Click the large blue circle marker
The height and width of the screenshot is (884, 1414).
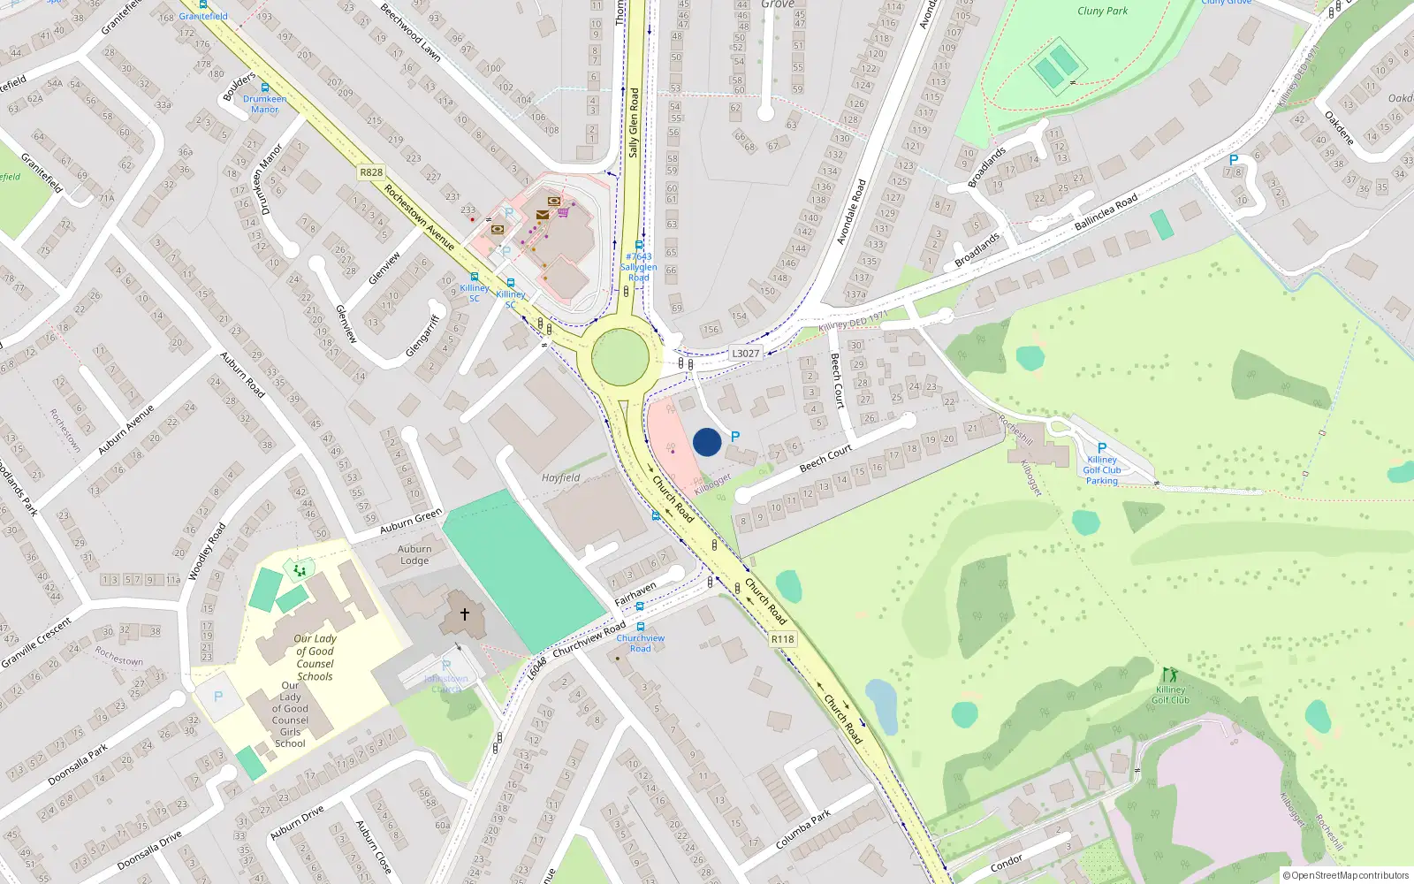click(707, 442)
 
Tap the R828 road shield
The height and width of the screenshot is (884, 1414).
click(371, 172)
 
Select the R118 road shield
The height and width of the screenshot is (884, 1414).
click(782, 639)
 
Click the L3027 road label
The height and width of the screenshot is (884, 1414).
click(745, 353)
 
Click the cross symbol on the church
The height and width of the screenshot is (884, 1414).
click(465, 613)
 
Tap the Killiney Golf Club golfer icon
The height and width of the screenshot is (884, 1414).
click(1171, 675)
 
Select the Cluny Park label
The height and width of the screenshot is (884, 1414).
click(1102, 11)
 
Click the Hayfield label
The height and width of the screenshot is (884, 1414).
click(560, 477)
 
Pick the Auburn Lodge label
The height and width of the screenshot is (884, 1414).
click(414, 554)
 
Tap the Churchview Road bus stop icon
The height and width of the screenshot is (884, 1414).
click(641, 627)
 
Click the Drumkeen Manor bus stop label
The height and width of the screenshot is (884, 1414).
click(264, 104)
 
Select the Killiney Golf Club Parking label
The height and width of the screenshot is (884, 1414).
click(1102, 470)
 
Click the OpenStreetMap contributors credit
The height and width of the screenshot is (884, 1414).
click(1345, 875)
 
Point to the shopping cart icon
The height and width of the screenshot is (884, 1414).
click(563, 212)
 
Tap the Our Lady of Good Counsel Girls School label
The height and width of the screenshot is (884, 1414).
click(290, 714)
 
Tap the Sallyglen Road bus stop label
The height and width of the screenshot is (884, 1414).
click(638, 267)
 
